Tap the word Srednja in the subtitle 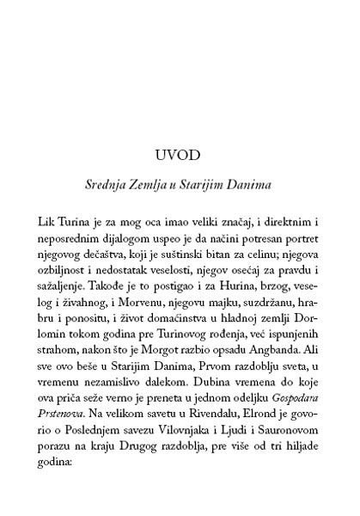point(126,183)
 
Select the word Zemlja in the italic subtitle point(168,183)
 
